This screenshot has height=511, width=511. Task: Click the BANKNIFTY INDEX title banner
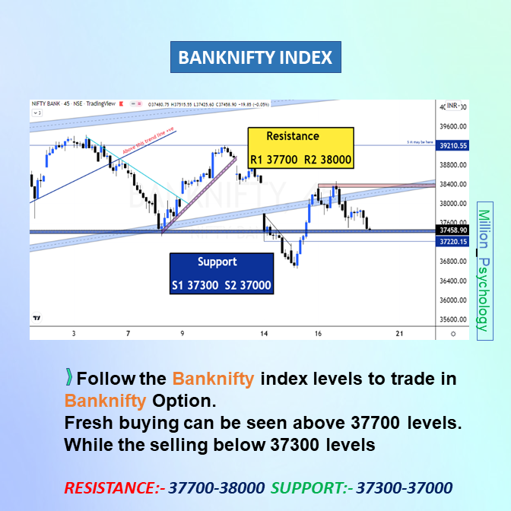[x=255, y=57]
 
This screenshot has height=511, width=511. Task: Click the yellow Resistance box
[x=300, y=148]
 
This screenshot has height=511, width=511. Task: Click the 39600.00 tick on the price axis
[x=452, y=127]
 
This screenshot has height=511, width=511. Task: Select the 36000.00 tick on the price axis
[x=452, y=300]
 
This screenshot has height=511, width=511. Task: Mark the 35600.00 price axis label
[x=452, y=319]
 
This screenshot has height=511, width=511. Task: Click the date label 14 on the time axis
[x=264, y=333]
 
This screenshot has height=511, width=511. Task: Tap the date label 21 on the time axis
[x=399, y=333]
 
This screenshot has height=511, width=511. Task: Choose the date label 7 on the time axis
[x=129, y=333]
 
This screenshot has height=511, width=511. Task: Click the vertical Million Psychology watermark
[x=482, y=266]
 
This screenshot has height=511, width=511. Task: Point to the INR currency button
[x=452, y=106]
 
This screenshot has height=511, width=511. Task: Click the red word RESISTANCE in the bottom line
[x=110, y=487]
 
